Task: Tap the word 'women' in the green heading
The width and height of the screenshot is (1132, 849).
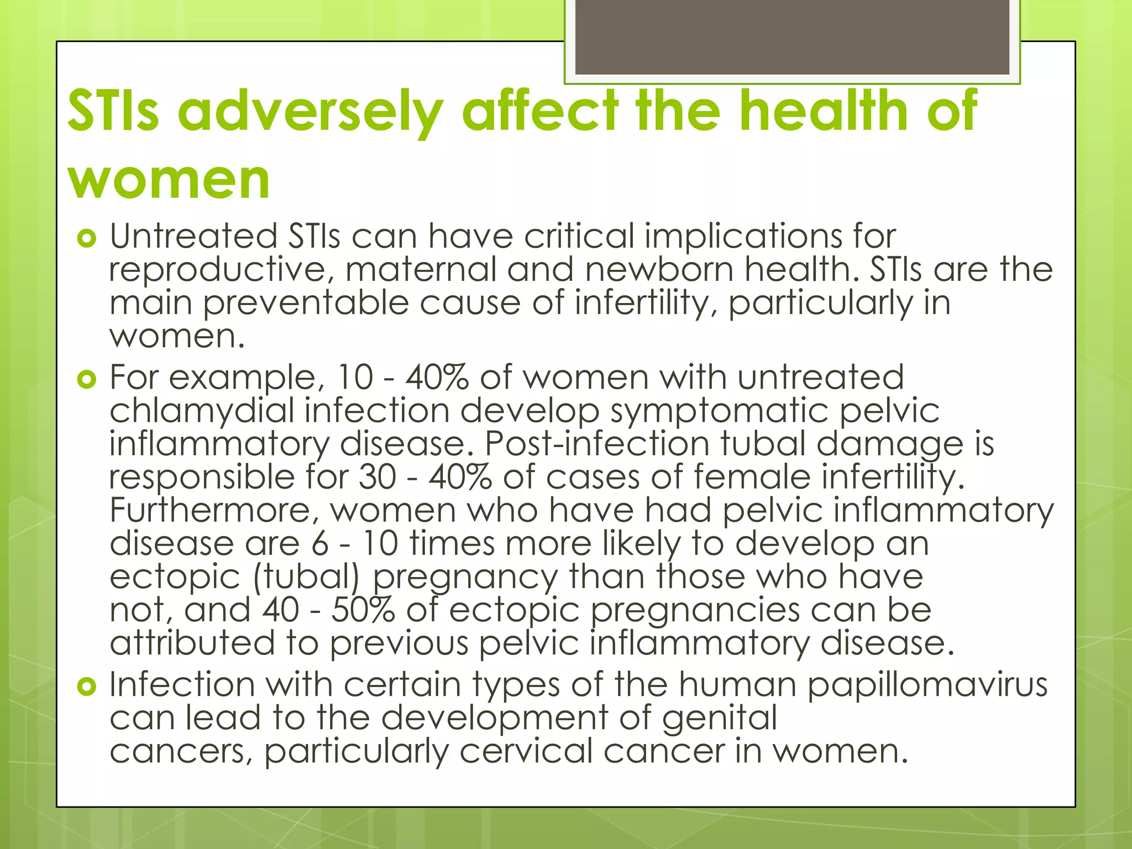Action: (x=169, y=180)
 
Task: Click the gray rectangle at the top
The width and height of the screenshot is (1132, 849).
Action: (x=792, y=38)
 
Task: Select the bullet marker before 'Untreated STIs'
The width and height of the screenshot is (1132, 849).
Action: (x=87, y=239)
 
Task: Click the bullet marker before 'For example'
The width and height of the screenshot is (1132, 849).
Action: (x=87, y=380)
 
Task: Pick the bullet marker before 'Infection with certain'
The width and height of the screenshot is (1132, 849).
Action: (x=87, y=687)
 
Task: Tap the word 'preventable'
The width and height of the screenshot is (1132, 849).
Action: (x=306, y=304)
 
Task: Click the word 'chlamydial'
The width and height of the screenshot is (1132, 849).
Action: (x=202, y=411)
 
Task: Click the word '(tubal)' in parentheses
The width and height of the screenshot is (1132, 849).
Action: (x=306, y=578)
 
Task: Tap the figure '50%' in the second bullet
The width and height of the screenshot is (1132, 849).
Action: (x=363, y=610)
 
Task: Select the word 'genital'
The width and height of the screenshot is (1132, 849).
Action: (x=719, y=719)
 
